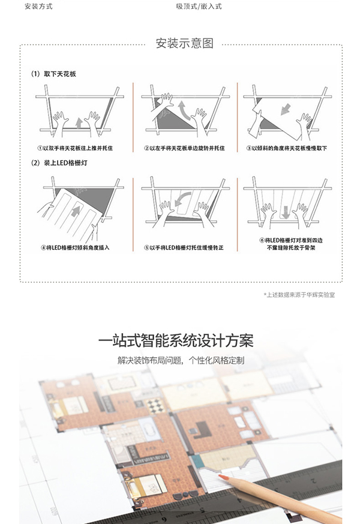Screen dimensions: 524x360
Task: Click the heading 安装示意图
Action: click(184, 44)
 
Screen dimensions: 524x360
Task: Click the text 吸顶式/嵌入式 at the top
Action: click(199, 6)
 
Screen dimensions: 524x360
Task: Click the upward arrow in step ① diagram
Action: click(79, 122)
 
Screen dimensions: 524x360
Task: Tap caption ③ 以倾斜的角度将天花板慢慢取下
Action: click(284, 148)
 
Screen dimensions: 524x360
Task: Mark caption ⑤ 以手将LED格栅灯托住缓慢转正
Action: click(184, 247)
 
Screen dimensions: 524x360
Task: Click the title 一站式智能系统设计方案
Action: click(180, 340)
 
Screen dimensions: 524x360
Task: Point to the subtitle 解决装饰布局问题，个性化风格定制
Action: click(180, 361)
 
